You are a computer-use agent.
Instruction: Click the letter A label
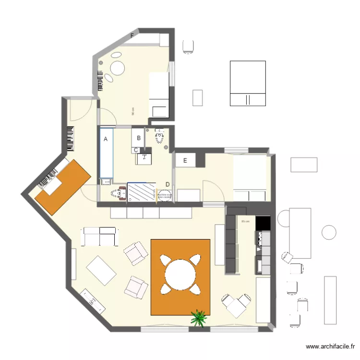click(x=106, y=139)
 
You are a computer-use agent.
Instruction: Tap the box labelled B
click(x=138, y=138)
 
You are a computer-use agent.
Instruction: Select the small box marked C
click(x=136, y=150)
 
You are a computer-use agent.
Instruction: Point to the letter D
click(x=168, y=184)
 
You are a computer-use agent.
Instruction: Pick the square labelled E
click(x=185, y=160)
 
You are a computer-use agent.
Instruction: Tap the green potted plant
click(x=199, y=318)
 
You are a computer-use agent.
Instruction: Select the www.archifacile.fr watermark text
click(x=331, y=346)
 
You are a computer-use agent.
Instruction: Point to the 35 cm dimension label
click(x=245, y=221)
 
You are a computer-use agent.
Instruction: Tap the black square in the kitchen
click(x=263, y=223)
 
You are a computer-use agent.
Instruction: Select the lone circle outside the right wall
click(x=329, y=232)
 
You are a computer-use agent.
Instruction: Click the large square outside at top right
click(x=248, y=83)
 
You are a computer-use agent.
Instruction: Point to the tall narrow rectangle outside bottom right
click(x=330, y=300)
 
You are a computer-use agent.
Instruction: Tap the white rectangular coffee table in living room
click(x=101, y=270)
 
